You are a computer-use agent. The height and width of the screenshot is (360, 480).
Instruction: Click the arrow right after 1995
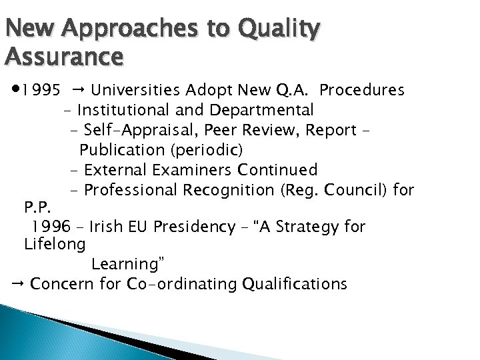[77, 89]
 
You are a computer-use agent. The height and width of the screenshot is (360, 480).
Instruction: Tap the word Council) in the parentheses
[357, 191]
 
